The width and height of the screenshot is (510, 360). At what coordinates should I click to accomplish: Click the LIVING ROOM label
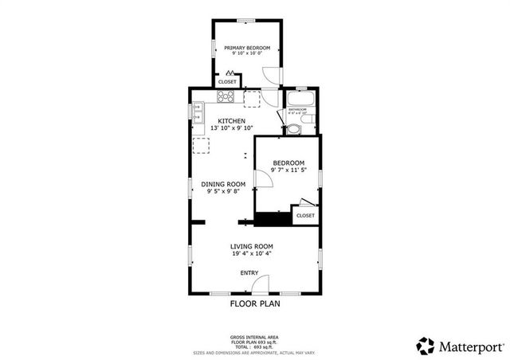[252, 246]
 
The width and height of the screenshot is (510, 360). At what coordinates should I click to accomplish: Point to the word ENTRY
[249, 273]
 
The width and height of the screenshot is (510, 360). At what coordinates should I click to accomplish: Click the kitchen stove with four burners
[226, 99]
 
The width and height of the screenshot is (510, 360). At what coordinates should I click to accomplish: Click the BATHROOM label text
[297, 108]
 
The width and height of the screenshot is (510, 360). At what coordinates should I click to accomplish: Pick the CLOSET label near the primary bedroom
[228, 81]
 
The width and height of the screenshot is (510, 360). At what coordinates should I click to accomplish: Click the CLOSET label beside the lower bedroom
[305, 215]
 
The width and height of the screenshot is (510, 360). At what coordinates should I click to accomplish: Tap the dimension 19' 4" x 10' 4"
[252, 254]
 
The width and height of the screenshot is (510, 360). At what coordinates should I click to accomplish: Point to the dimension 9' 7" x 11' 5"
[288, 170]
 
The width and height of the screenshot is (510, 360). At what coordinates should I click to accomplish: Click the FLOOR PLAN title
[255, 303]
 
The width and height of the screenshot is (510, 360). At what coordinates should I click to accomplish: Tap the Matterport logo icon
[426, 346]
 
